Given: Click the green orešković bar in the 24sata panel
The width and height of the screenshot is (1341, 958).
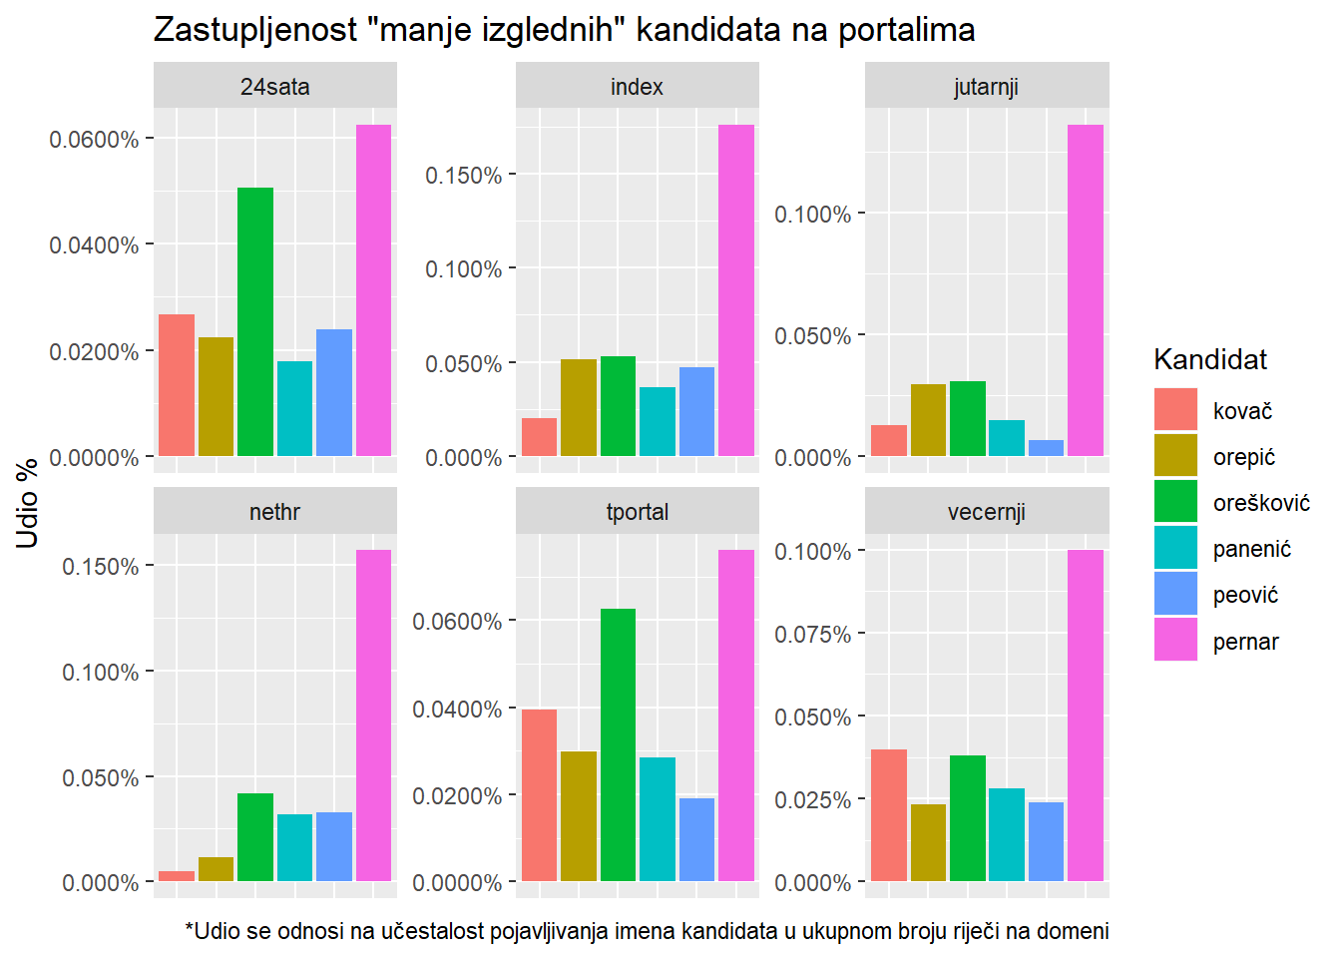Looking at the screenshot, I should pyautogui.click(x=255, y=321).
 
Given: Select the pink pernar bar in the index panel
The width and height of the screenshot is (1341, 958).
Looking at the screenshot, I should pyautogui.click(x=736, y=290).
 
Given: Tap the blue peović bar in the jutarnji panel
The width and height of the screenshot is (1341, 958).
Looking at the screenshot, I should pyautogui.click(x=1046, y=448).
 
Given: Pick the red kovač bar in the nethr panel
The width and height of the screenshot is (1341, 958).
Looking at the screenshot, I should pyautogui.click(x=177, y=876).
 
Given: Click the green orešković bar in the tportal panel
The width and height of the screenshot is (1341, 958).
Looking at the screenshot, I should pyautogui.click(x=618, y=744).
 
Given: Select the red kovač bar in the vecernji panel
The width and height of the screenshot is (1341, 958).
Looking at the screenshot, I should pyautogui.click(x=888, y=815).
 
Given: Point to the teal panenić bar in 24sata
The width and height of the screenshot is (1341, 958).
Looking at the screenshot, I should pyautogui.click(x=294, y=408).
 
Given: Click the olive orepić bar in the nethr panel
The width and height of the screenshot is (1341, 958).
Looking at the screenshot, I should pyautogui.click(x=216, y=869).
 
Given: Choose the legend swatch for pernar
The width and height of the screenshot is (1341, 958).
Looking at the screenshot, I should pyautogui.click(x=1175, y=640).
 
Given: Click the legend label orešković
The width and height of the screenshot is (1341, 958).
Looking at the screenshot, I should pyautogui.click(x=1261, y=503).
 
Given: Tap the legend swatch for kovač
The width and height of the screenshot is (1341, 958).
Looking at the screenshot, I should pyautogui.click(x=1175, y=409).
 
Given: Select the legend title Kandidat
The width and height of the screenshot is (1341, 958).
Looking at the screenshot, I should pyautogui.click(x=1210, y=359).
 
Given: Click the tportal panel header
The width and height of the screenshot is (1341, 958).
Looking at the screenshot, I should pyautogui.click(x=637, y=512).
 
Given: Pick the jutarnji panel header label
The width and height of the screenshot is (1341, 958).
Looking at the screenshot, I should pyautogui.click(x=986, y=87).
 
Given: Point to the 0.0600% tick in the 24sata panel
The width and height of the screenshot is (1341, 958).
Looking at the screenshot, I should pyautogui.click(x=94, y=139).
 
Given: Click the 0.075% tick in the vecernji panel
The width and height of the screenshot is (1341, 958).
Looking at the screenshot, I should pyautogui.click(x=812, y=635).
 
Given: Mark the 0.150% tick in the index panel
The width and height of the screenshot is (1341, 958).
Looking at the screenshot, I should pyautogui.click(x=463, y=176).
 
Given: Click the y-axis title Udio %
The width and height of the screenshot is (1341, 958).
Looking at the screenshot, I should pyautogui.click(x=28, y=503).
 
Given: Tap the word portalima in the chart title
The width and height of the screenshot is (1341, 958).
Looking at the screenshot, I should pyautogui.click(x=906, y=30).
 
